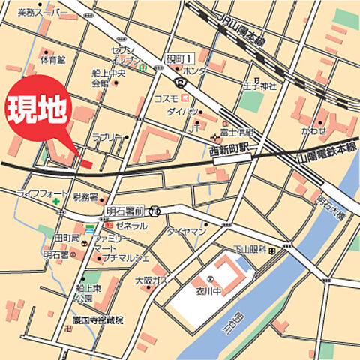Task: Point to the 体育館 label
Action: click(x=53, y=59)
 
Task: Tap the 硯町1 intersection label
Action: click(x=180, y=58)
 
